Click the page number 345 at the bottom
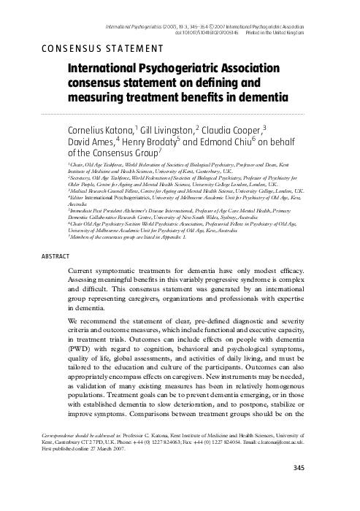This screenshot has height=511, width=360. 340,488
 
